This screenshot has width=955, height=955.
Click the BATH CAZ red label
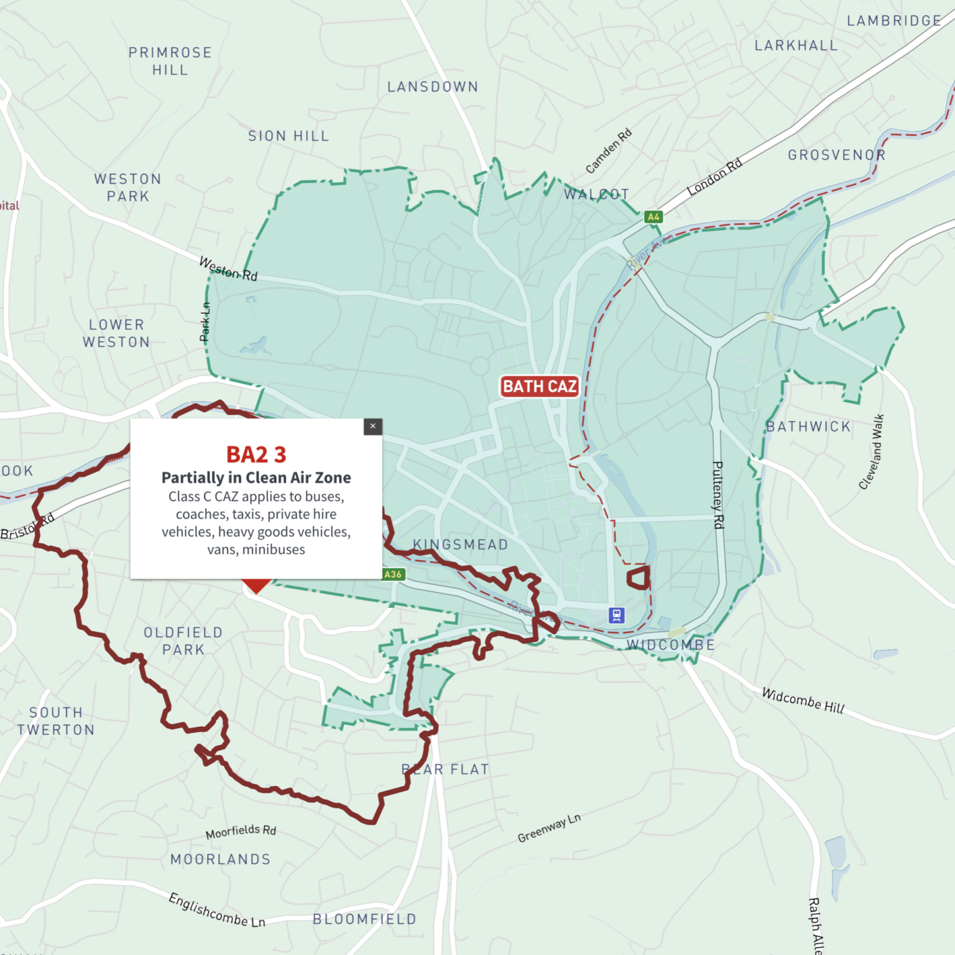click(x=539, y=387)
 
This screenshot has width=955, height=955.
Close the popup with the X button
click(x=372, y=427)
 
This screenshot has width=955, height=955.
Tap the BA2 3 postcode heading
click(x=256, y=454)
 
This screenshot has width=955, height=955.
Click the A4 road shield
click(x=653, y=217)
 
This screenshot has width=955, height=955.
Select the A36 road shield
click(x=393, y=574)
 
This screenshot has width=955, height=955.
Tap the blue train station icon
click(x=616, y=616)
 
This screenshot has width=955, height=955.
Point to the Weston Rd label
click(x=228, y=269)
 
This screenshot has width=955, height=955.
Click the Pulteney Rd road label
click(x=717, y=495)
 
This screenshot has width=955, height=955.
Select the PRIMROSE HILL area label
click(x=170, y=61)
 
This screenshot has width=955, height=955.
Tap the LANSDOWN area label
click(x=433, y=87)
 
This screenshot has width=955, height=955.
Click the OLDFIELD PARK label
click(x=183, y=641)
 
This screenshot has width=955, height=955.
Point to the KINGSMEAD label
click(x=461, y=545)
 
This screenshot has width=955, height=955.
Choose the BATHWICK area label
click(x=808, y=427)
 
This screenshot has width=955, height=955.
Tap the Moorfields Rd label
click(x=241, y=831)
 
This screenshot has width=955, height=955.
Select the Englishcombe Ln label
click(x=217, y=910)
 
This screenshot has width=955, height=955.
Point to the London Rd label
click(x=714, y=177)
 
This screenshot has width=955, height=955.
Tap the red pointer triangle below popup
click(x=256, y=586)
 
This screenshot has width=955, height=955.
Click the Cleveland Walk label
click(x=871, y=452)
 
